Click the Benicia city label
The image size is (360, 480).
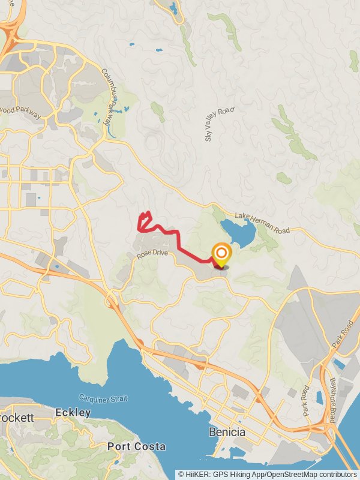(227, 432)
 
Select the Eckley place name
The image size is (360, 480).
(73, 413)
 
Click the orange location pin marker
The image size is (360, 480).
(221, 254)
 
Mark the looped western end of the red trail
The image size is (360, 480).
(143, 221)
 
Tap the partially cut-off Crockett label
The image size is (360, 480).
(12, 417)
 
